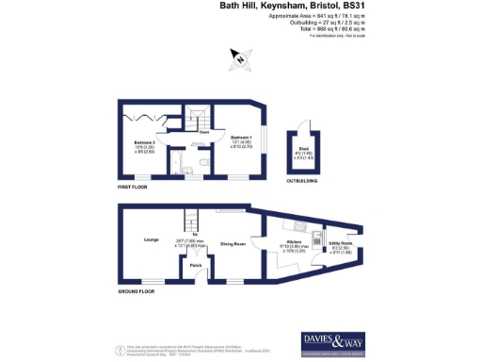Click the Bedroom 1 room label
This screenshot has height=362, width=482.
[240, 137]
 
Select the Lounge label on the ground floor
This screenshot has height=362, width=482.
[150, 240]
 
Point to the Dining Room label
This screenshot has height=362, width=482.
[233, 243]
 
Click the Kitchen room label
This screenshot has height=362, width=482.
[293, 241]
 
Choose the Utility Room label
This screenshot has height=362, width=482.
[341, 242]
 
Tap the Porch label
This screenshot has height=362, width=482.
[196, 266]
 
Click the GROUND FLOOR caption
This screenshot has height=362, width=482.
[136, 292]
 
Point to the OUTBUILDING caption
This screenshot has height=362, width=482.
[302, 182]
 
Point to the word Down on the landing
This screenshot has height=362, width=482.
[203, 133]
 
